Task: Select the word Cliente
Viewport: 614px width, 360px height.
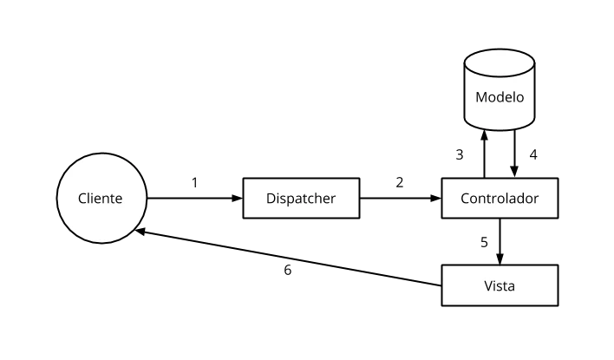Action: pyautogui.click(x=101, y=199)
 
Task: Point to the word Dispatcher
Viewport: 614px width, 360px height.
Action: pyautogui.click(x=301, y=199)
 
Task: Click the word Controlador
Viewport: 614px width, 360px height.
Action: pyautogui.click(x=500, y=199)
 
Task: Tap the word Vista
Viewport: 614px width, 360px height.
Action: pyautogui.click(x=500, y=285)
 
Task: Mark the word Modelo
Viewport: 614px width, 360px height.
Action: pyautogui.click(x=500, y=97)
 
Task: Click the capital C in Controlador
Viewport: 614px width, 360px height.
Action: pyautogui.click(x=465, y=199)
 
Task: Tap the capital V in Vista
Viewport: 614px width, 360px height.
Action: pyautogui.click(x=488, y=285)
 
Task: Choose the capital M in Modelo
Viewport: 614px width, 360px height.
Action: pyautogui.click(x=480, y=97)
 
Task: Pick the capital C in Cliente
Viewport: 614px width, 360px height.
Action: pyautogui.click(x=82, y=199)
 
